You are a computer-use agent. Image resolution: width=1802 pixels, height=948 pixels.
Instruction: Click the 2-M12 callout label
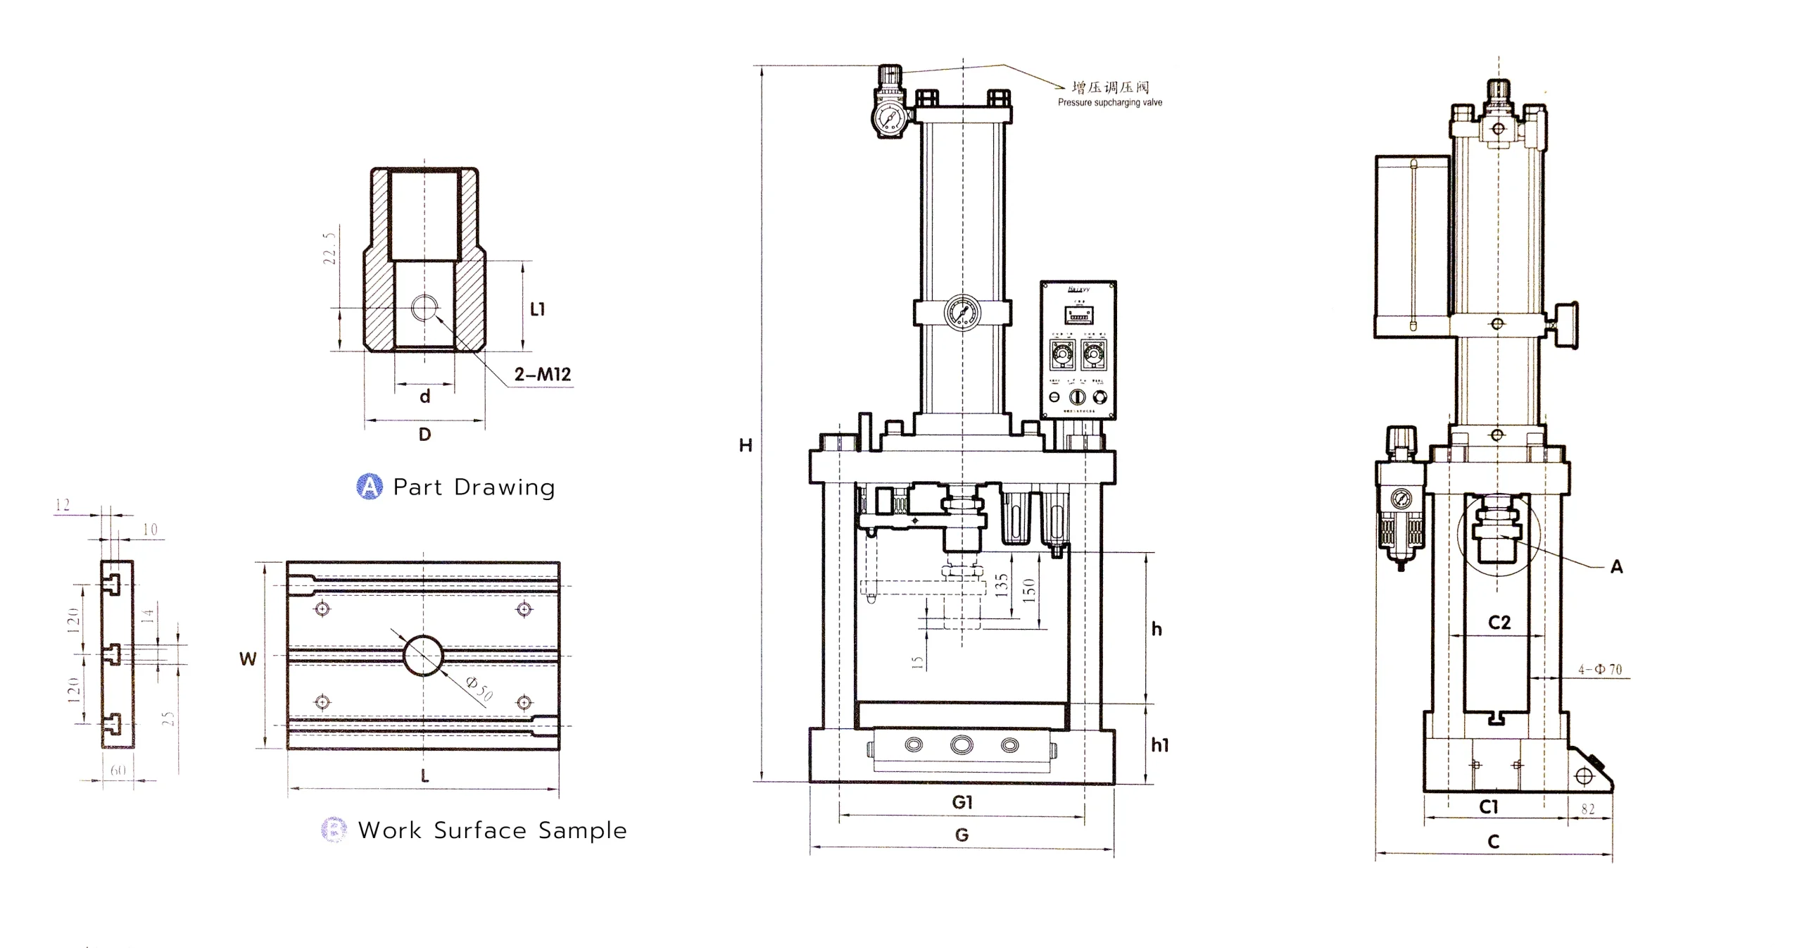tap(542, 374)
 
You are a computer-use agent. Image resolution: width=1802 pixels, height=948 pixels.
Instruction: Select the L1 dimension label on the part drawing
tap(537, 308)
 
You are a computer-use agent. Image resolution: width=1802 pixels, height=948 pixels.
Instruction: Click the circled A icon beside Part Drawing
tap(370, 487)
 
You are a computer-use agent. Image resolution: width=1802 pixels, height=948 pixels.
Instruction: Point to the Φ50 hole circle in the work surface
tap(423, 655)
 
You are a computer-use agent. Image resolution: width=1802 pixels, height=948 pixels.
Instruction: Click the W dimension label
tap(248, 659)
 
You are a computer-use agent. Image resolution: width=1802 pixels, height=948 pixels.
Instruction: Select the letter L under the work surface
tap(424, 776)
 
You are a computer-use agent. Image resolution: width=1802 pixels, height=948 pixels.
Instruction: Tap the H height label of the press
tap(745, 445)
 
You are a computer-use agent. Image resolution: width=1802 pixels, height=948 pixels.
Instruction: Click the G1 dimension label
tap(962, 802)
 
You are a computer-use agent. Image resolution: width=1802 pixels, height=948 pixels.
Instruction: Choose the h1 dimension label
tap(1159, 745)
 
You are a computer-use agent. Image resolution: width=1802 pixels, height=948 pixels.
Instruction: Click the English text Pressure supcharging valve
tap(1109, 103)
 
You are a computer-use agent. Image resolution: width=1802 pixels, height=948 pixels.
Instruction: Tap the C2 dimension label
tap(1499, 623)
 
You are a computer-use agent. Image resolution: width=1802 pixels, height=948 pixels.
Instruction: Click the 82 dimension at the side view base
tap(1588, 809)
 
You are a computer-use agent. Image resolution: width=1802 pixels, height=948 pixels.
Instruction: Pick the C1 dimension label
tap(1488, 807)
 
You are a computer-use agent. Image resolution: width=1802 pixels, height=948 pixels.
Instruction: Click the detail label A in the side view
tap(1617, 567)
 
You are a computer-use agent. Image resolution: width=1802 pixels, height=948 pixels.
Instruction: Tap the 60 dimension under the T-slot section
tap(118, 771)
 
